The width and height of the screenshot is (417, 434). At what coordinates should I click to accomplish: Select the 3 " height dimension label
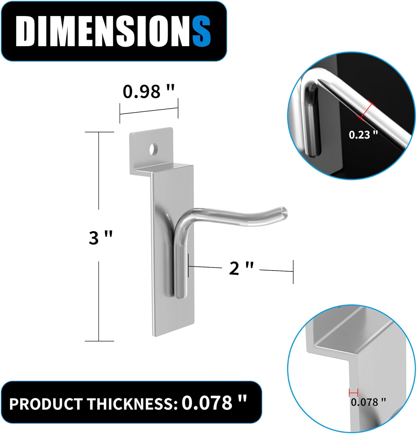point(100,238)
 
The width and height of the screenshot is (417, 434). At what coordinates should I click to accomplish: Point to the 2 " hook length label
point(241,268)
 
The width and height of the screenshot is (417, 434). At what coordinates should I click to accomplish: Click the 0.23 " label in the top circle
point(363,135)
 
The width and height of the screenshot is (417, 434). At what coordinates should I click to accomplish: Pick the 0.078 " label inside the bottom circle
point(368,402)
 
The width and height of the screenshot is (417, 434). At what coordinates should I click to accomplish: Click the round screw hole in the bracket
point(153,148)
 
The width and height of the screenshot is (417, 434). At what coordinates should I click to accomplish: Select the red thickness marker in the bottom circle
point(353,393)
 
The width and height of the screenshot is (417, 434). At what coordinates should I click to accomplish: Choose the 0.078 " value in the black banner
point(214,402)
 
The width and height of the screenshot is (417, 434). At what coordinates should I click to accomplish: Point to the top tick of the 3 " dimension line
point(99,132)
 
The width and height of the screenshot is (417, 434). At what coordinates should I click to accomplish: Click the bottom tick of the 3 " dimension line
point(99,341)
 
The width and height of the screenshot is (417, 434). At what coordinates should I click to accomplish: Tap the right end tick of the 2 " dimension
point(293,271)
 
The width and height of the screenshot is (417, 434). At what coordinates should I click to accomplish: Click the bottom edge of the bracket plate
point(174,334)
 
